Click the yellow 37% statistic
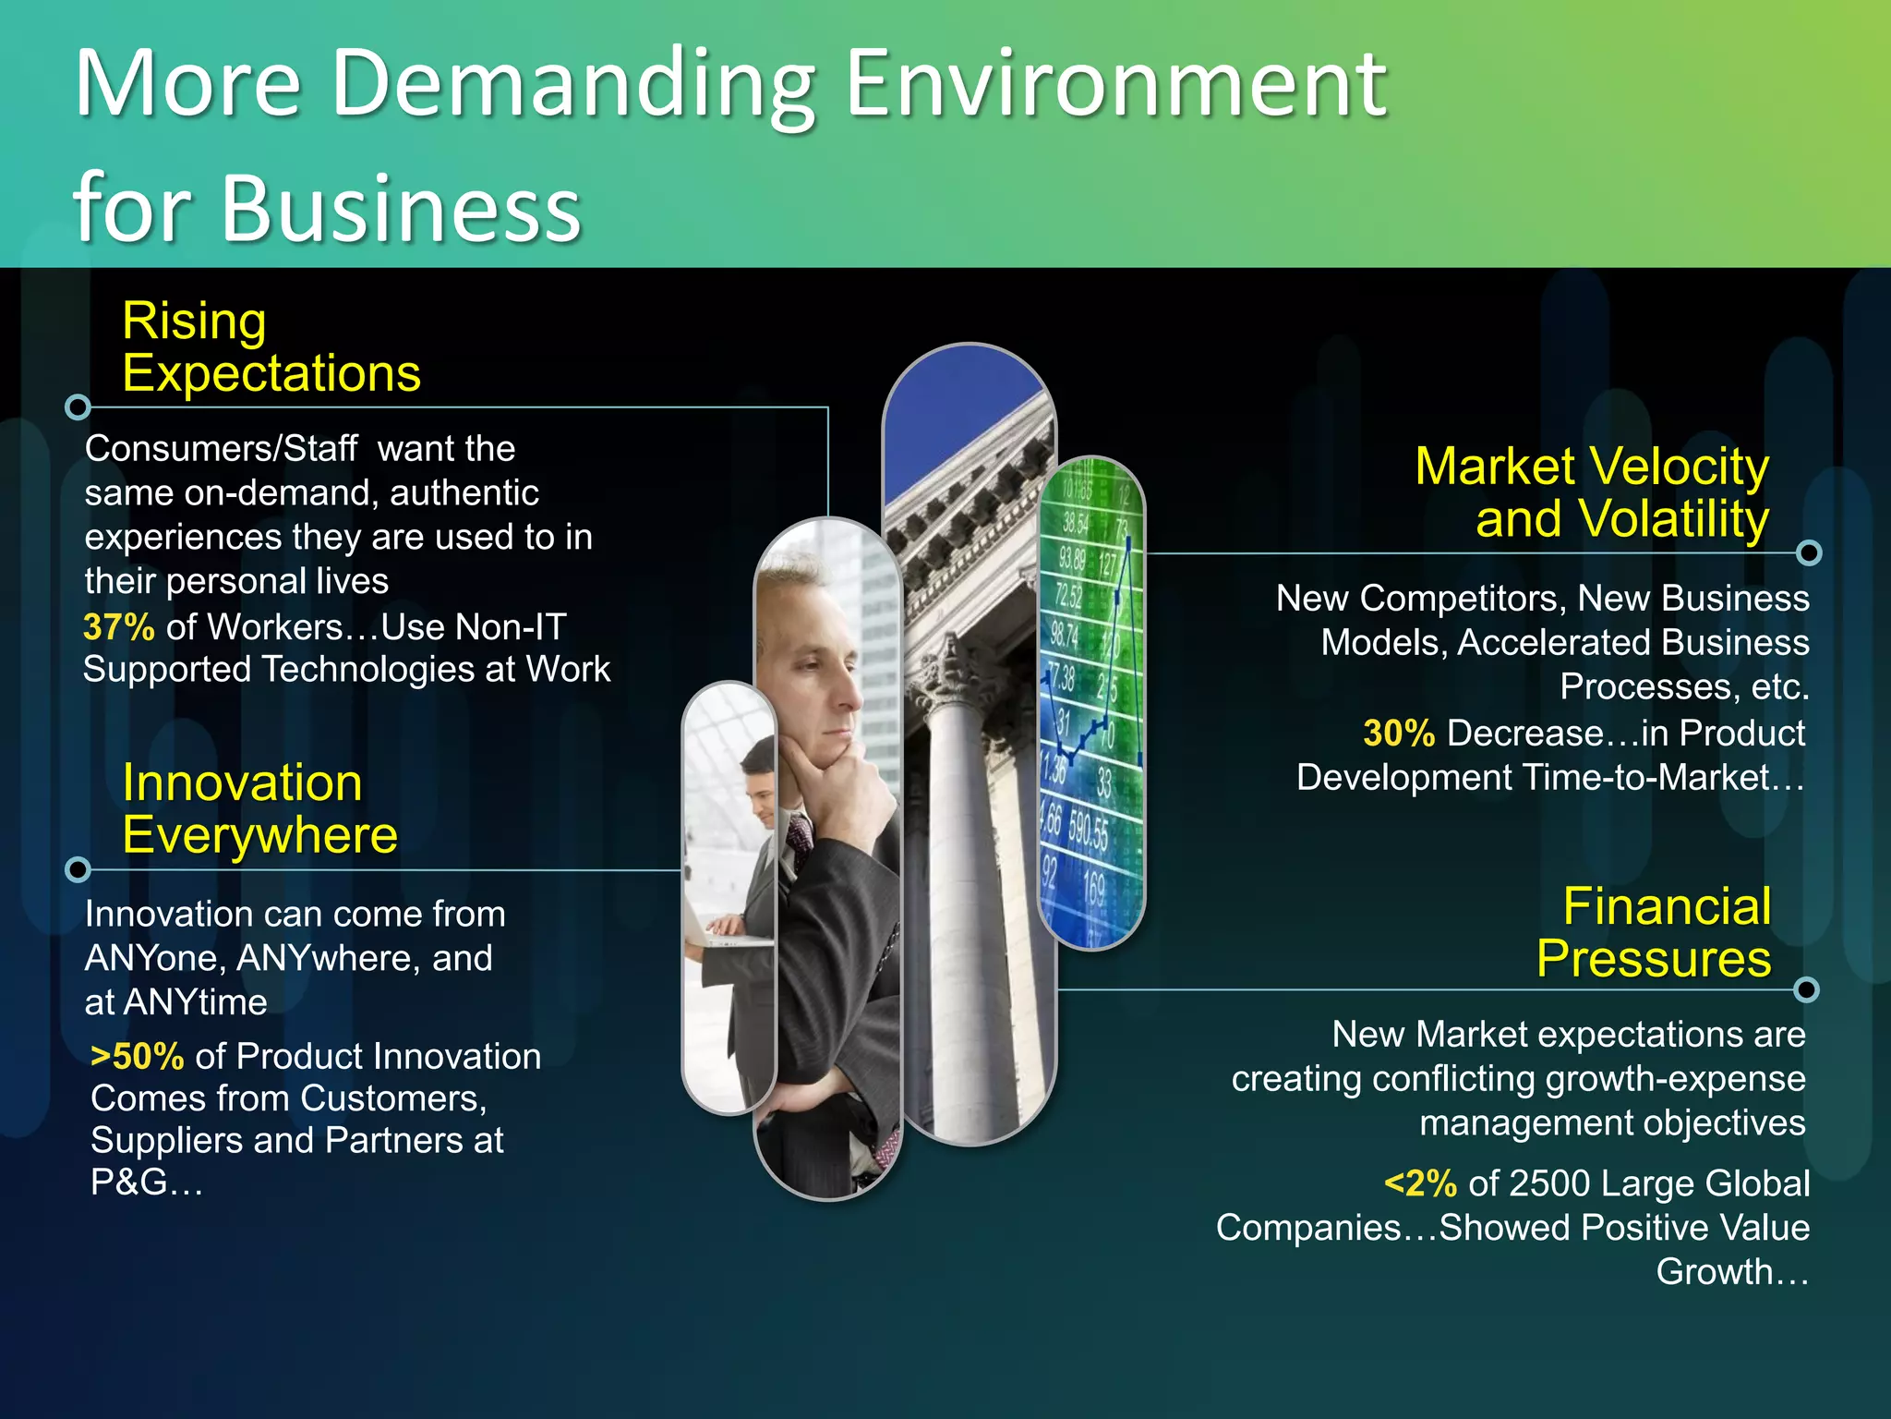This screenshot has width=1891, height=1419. (119, 627)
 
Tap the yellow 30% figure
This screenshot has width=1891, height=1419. (1399, 734)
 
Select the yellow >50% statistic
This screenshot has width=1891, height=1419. (138, 1057)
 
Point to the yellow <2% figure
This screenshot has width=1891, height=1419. (1420, 1183)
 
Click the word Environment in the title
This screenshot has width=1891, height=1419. (1115, 85)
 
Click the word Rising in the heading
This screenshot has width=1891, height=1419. (194, 321)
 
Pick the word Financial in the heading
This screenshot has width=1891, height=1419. (1667, 906)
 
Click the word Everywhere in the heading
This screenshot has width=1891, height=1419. (259, 835)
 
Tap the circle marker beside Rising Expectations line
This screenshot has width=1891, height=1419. (78, 406)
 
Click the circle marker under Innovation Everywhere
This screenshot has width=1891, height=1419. (78, 869)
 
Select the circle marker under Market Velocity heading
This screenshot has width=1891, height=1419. (1809, 552)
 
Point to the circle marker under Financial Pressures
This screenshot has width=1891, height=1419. (1806, 989)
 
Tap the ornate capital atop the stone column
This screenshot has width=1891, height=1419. (960, 674)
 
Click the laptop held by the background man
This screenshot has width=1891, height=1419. (729, 938)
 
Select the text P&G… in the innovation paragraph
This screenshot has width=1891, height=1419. (146, 1182)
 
